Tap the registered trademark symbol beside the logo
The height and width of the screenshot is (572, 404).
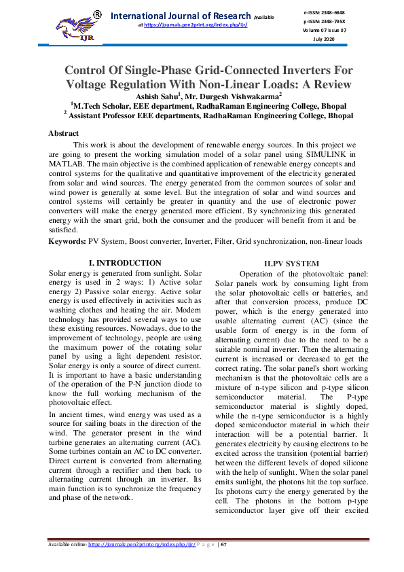pyautogui.click(x=97, y=14)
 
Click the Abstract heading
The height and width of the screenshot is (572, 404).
pyautogui.click(x=63, y=133)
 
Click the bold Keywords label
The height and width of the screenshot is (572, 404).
pyautogui.click(x=67, y=240)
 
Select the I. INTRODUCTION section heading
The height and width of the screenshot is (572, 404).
pyautogui.click(x=126, y=263)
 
